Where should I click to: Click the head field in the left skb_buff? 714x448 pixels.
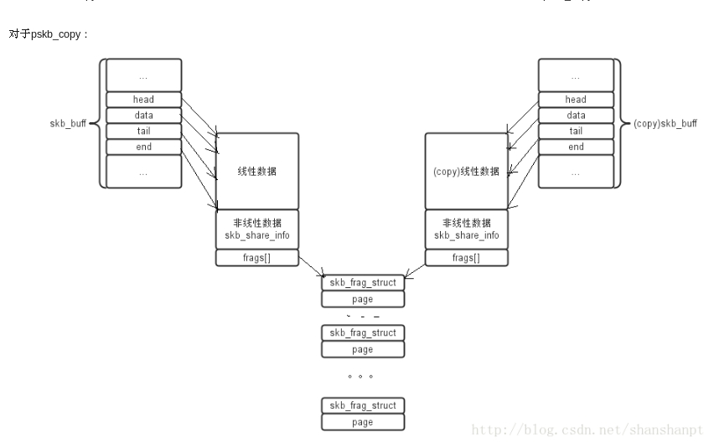coord(143,100)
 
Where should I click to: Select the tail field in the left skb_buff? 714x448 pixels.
coord(143,131)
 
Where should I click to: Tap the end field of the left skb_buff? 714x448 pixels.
coord(143,147)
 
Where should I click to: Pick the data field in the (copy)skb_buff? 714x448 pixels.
coord(576,116)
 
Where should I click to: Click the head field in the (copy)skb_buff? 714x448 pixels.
coord(576,100)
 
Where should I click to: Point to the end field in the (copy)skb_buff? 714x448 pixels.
coord(576,147)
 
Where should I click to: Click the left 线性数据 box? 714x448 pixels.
coord(257,171)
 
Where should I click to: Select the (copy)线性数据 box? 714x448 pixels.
coord(466,171)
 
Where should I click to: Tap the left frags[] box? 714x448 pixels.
coord(257,258)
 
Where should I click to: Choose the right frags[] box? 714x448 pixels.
coord(466,258)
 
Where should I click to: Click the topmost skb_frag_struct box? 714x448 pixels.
coord(362,283)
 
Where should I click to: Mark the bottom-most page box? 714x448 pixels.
coord(362,422)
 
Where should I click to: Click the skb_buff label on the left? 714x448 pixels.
coord(68,124)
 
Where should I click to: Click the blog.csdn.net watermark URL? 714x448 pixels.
coord(587,429)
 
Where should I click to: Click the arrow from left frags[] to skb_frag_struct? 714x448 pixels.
coord(311,267)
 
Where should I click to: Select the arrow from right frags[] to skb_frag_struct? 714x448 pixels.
coord(414,268)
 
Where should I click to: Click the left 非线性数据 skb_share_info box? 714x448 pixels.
coord(257,229)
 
